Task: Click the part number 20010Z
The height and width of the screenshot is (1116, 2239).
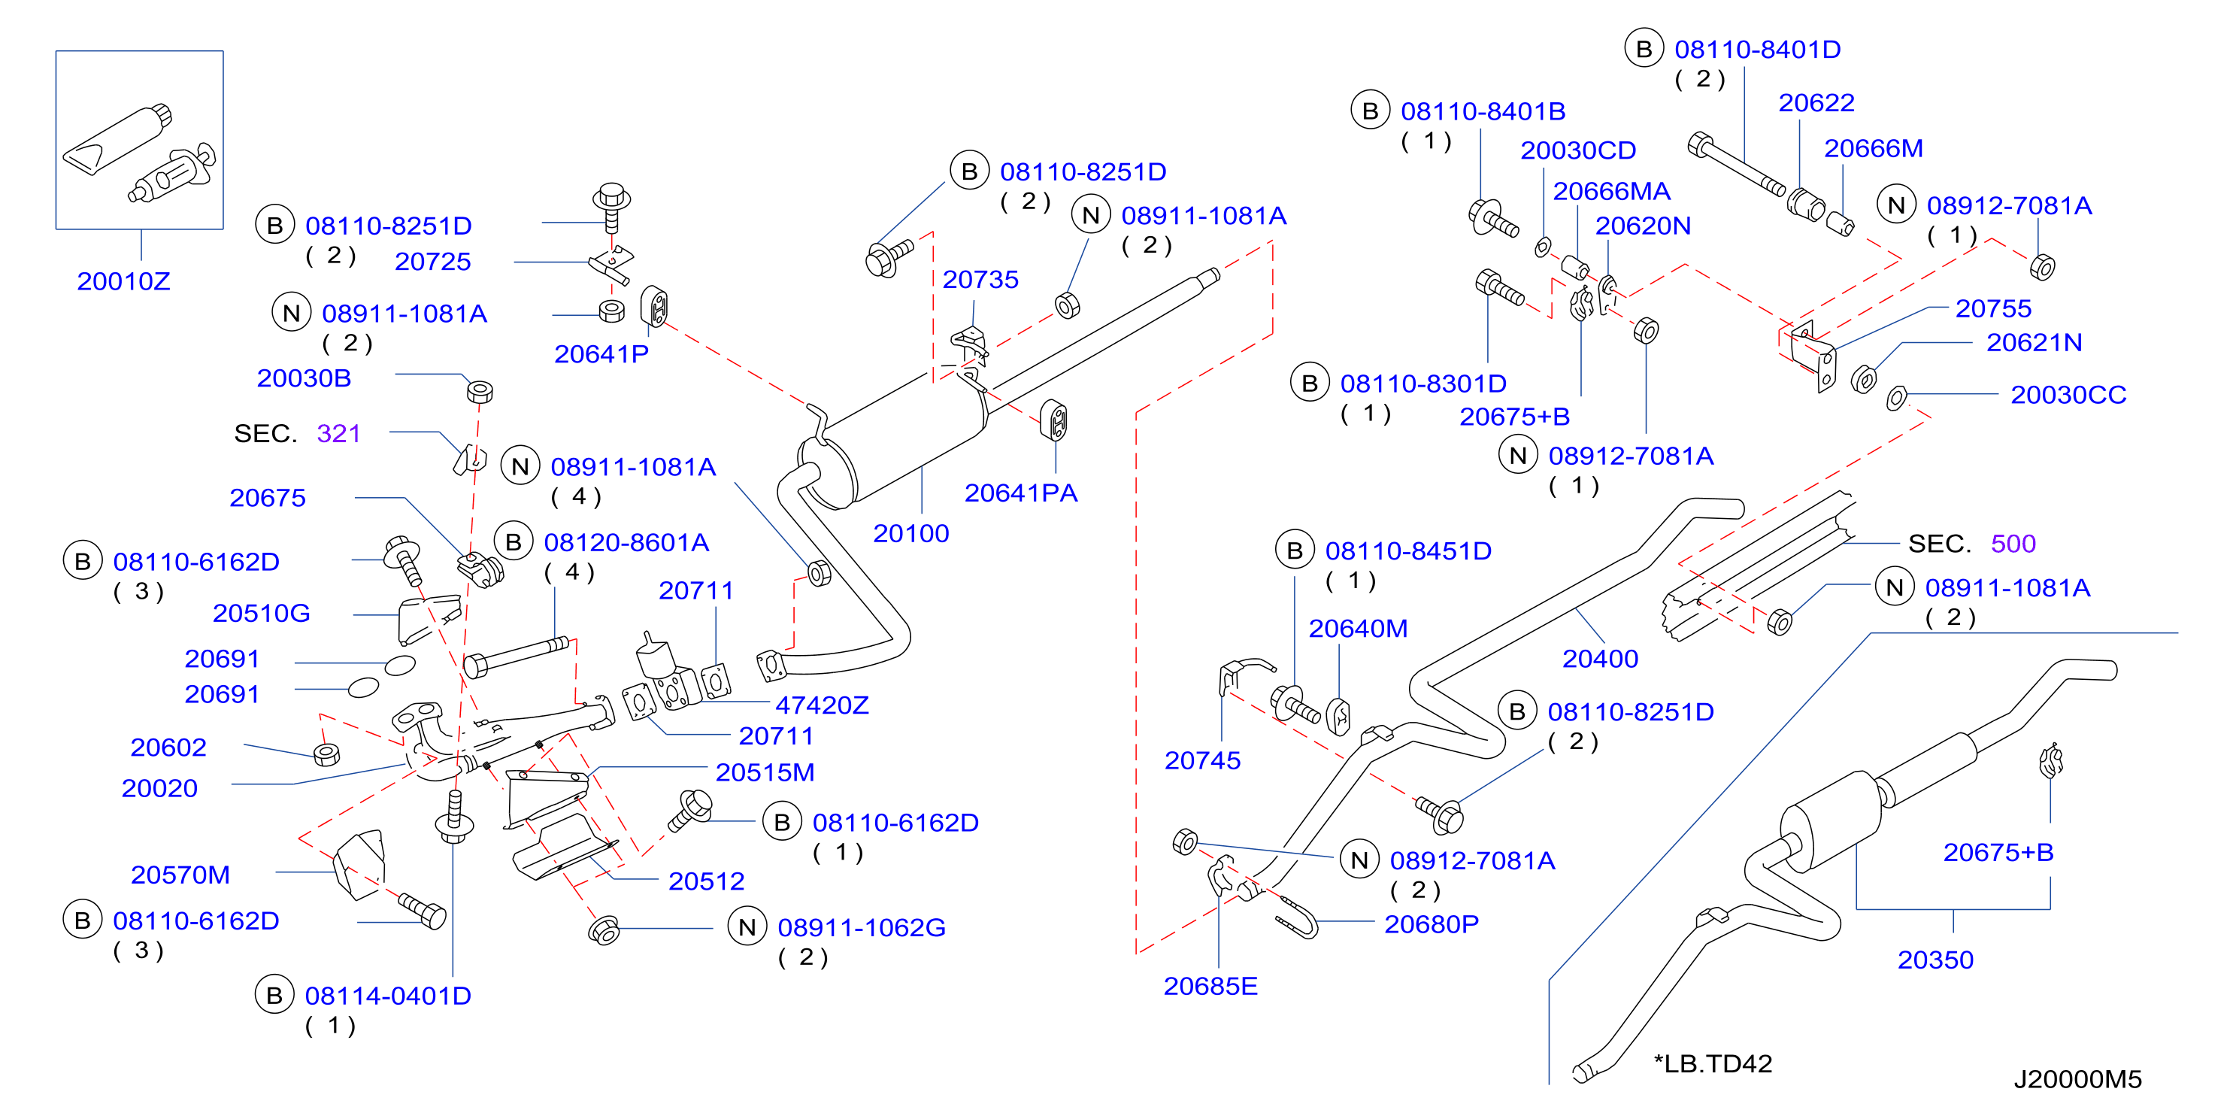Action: click(x=123, y=281)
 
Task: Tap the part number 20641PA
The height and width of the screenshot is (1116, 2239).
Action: click(x=1020, y=493)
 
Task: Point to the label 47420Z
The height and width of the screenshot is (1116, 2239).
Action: click(x=821, y=705)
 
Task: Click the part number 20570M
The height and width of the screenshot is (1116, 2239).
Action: click(x=180, y=875)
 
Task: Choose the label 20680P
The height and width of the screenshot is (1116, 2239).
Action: click(x=1431, y=924)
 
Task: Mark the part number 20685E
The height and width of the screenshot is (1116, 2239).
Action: click(x=1210, y=986)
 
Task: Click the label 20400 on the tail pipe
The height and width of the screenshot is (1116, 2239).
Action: click(x=1600, y=659)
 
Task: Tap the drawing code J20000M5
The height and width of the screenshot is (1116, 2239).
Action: click(x=2077, y=1078)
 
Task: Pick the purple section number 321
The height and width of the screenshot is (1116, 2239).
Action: click(x=338, y=433)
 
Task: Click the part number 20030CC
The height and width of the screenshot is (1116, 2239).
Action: click(x=2068, y=395)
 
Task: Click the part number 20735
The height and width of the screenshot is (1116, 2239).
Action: click(x=980, y=279)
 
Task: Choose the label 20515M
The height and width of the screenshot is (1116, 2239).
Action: click(x=764, y=772)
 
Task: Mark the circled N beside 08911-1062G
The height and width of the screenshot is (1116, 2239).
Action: click(x=747, y=927)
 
